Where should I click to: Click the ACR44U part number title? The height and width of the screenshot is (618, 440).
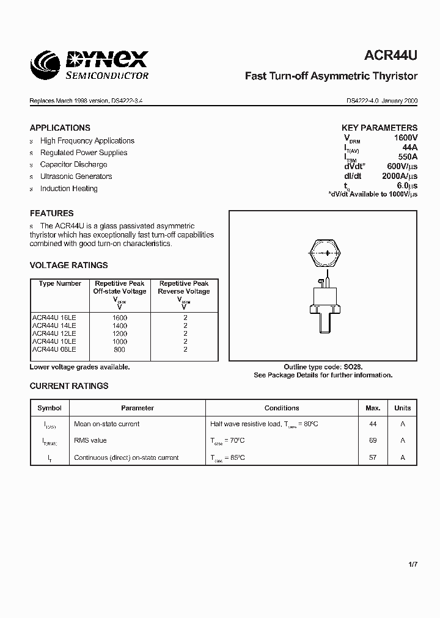(391, 56)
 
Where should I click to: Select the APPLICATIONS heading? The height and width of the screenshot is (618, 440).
(60, 128)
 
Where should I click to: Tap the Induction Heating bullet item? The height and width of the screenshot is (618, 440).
(68, 188)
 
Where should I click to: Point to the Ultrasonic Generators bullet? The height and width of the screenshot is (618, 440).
(76, 176)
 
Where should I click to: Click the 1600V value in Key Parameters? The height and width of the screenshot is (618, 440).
(405, 138)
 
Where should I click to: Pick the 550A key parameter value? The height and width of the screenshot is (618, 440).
(407, 156)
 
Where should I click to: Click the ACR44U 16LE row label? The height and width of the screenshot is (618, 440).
(54, 318)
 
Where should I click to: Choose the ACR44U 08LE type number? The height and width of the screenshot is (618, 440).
(54, 349)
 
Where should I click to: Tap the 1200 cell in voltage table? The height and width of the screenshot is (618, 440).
(119, 333)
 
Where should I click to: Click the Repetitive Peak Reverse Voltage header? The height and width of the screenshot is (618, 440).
(184, 288)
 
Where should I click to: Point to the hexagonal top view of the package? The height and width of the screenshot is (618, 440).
(324, 252)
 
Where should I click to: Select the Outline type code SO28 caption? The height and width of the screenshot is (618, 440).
(323, 367)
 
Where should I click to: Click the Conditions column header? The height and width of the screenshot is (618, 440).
(282, 408)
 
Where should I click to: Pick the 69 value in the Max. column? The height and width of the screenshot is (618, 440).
(373, 440)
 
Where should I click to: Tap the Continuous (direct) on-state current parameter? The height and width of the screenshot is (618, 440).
(126, 457)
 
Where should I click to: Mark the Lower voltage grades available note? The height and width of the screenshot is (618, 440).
(79, 367)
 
